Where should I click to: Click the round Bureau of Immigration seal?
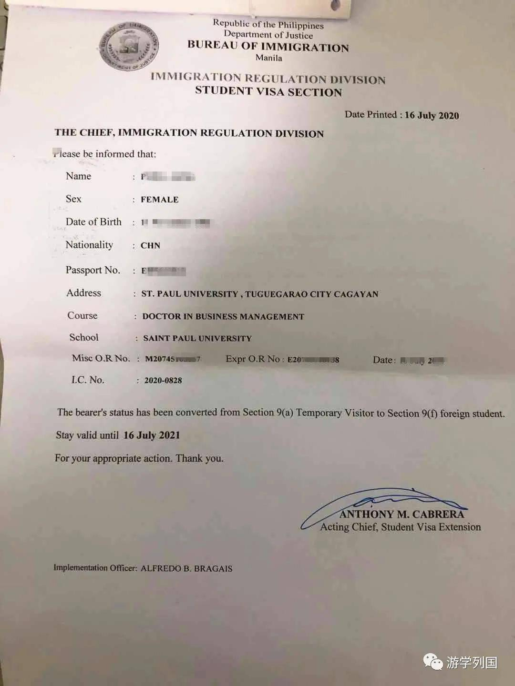129,46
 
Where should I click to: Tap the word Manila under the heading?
269,58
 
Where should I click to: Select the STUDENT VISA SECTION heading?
268,91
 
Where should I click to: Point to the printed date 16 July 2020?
432,115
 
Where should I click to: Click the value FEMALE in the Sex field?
160,200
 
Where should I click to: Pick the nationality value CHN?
150,246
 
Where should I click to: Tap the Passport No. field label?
93,270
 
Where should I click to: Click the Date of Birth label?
93,222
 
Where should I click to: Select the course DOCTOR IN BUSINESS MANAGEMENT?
223,317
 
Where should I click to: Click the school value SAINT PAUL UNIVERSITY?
197,339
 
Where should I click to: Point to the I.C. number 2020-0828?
163,381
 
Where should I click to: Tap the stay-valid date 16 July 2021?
152,435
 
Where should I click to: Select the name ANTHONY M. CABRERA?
402,514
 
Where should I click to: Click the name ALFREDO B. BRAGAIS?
186,568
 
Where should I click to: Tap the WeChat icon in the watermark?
433,662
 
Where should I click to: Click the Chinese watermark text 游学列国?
472,662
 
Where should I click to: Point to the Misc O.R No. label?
101,358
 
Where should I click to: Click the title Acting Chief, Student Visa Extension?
401,527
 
